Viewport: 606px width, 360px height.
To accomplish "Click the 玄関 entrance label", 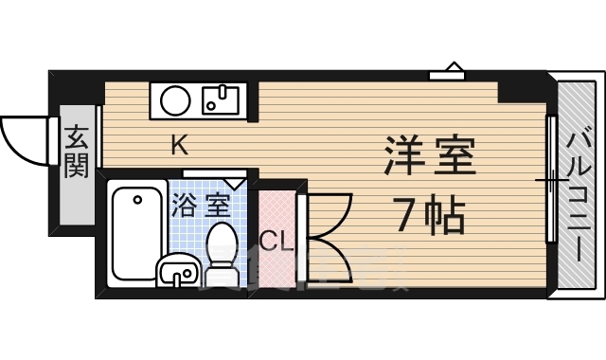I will click(x=77, y=153).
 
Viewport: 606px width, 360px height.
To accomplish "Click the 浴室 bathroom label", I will click(x=201, y=202).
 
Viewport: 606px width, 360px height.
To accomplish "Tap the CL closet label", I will click(x=275, y=241).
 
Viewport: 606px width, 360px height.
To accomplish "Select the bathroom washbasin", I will click(x=178, y=273).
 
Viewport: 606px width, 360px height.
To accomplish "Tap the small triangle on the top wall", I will click(x=453, y=68).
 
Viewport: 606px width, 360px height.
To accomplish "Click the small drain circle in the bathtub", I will click(x=136, y=199).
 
